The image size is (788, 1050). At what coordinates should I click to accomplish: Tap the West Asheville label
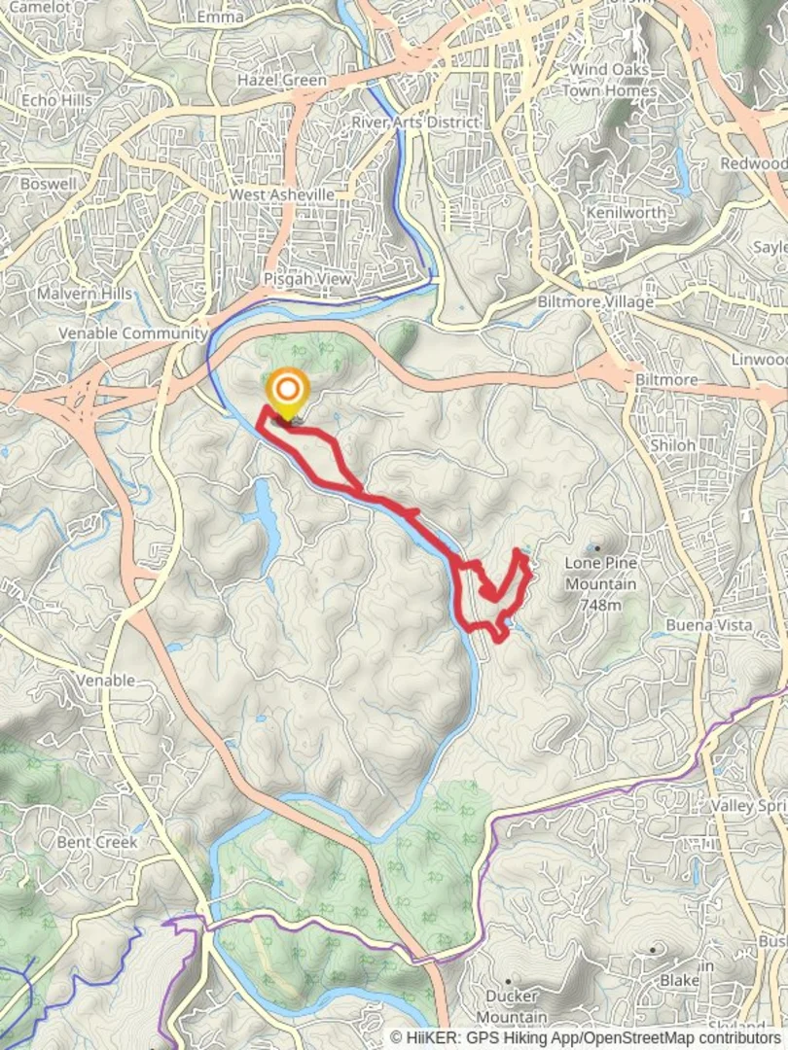[x=282, y=194]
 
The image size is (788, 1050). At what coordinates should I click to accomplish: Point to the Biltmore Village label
[x=595, y=302]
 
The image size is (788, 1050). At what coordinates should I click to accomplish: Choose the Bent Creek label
[x=97, y=842]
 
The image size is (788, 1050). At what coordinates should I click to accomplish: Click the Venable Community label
[x=133, y=332]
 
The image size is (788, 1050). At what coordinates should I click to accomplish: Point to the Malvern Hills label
[x=84, y=293]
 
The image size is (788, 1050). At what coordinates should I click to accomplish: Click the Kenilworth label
[x=627, y=212]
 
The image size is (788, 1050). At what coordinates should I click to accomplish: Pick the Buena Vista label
[x=709, y=625]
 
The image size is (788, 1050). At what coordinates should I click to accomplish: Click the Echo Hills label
[x=56, y=99]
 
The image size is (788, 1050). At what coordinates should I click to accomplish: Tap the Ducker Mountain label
[x=512, y=1005]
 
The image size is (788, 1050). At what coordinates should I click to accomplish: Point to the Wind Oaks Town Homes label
[x=610, y=80]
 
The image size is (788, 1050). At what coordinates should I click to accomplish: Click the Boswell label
[x=48, y=183]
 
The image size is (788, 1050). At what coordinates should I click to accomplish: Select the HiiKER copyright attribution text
[x=587, y=1037]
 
